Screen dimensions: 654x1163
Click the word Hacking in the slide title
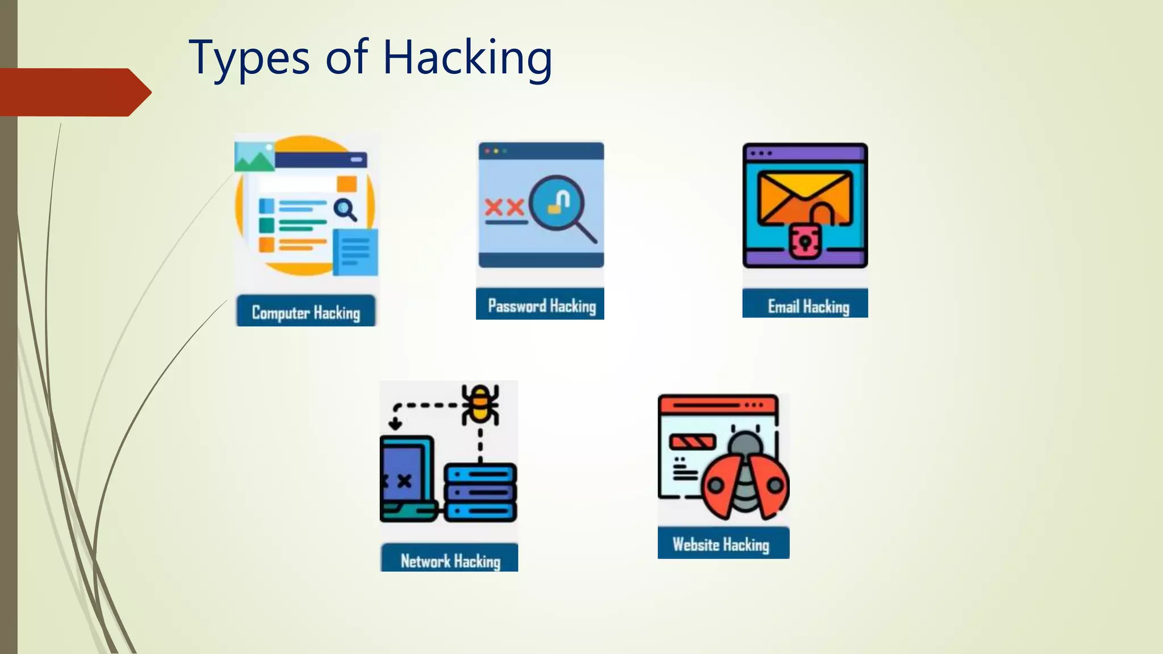[x=467, y=58]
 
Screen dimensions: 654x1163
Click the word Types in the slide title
[x=249, y=58]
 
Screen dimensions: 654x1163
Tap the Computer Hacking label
[x=306, y=312]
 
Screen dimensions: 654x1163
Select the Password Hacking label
[x=541, y=306]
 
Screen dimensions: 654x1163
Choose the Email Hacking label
[x=808, y=307]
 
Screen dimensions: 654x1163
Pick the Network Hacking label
[x=450, y=561]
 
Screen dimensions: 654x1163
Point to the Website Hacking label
[x=721, y=544]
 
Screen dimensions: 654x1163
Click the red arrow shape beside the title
[x=74, y=92]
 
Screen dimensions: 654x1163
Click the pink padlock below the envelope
[x=804, y=241]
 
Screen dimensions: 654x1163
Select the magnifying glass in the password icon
[x=559, y=204]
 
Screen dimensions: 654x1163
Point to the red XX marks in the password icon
[x=504, y=207]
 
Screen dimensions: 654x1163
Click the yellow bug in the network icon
[x=480, y=404]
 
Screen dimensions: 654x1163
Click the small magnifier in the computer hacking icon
[x=345, y=209]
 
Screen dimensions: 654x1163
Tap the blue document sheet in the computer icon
[x=355, y=252]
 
